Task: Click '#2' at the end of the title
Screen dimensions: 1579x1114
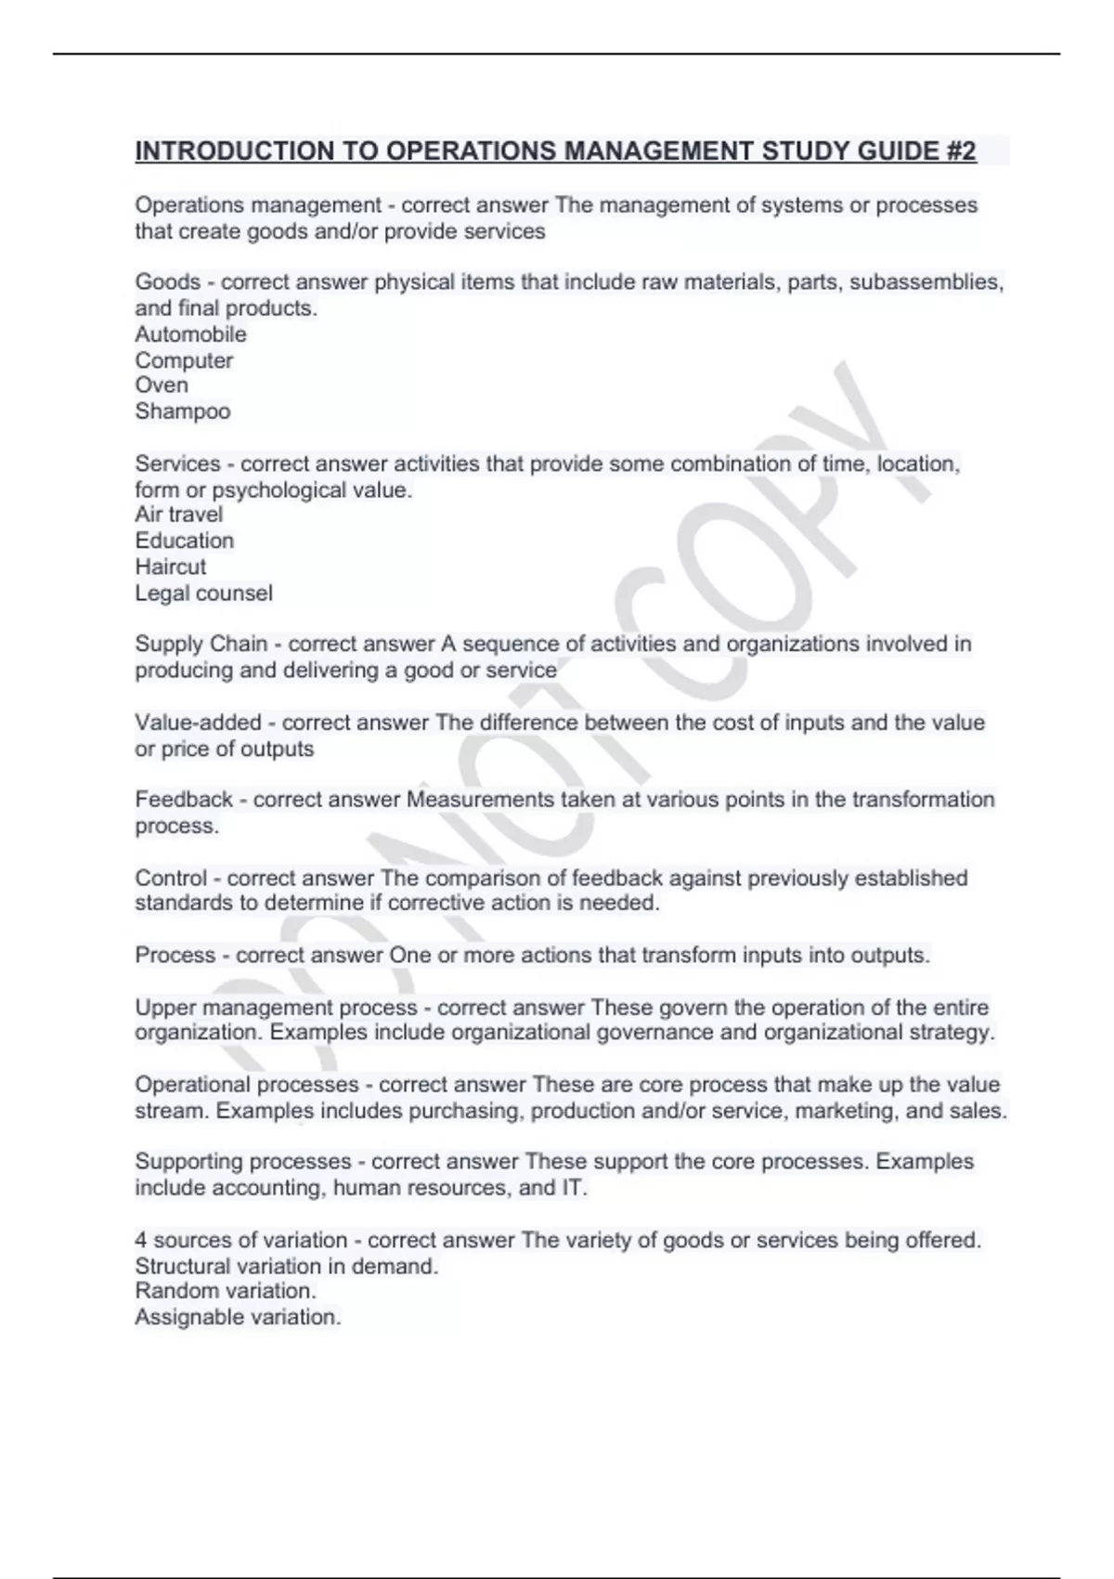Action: (x=961, y=151)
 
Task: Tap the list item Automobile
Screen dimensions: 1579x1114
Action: (x=190, y=334)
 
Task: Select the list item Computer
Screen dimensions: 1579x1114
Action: (x=184, y=360)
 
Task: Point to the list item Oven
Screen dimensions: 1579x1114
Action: (x=162, y=385)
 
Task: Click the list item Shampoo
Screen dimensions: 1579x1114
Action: (x=183, y=411)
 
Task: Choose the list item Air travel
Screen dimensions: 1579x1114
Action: (x=179, y=515)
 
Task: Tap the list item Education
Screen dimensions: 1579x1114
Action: (x=185, y=541)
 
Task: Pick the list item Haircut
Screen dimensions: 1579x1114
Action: (x=171, y=567)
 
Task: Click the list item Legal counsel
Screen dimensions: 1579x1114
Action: (x=204, y=593)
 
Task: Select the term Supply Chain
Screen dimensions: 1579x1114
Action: (x=201, y=644)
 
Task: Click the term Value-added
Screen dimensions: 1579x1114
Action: (x=199, y=723)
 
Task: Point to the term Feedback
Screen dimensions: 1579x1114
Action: (x=184, y=800)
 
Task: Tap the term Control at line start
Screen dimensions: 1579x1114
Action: (x=171, y=879)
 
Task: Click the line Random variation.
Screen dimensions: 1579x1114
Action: (x=226, y=1291)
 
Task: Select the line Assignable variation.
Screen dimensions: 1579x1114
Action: (x=239, y=1317)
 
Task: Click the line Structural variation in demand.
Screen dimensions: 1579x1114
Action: (x=287, y=1266)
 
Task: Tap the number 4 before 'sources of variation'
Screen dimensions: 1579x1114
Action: (x=141, y=1240)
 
